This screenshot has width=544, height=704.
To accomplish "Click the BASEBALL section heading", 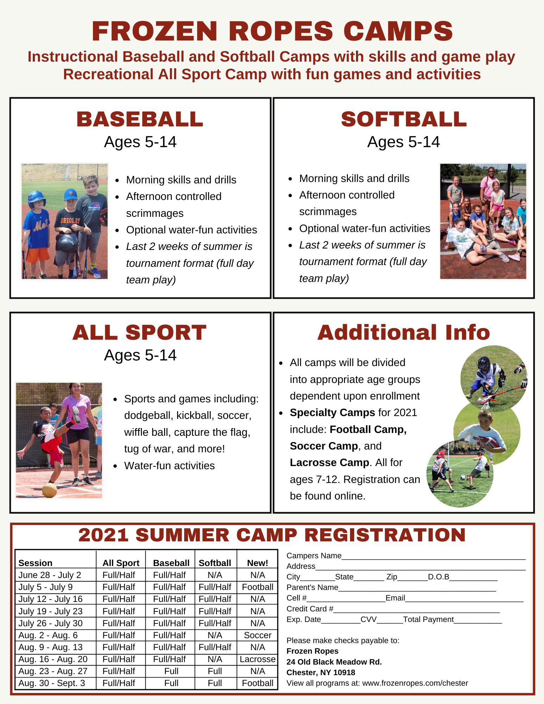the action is click(140, 119).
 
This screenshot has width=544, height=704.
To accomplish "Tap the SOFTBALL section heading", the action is click(404, 119).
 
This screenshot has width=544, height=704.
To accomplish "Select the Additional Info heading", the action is click(404, 332).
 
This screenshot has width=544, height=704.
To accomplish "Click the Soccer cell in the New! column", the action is click(258, 635).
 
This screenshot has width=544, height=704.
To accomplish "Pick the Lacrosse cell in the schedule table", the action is click(258, 659).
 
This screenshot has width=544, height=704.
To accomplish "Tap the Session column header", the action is click(35, 563).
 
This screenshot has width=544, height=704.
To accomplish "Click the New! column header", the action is click(258, 563).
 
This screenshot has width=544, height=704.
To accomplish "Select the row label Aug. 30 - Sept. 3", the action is click(52, 683).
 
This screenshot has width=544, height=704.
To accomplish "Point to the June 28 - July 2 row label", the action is click(50, 575).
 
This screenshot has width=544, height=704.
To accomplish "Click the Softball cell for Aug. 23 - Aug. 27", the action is click(215, 671).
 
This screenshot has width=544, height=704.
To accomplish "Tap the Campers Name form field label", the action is click(314, 555).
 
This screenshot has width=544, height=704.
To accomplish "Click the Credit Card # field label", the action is click(310, 609).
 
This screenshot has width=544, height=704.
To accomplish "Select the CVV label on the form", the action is click(369, 619).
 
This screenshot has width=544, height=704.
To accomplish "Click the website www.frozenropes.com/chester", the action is click(415, 683).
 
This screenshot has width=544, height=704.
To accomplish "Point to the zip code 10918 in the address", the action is click(344, 672).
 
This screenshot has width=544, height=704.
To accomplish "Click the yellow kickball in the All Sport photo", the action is click(49, 490).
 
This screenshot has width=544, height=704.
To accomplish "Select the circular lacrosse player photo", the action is click(494, 379).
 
